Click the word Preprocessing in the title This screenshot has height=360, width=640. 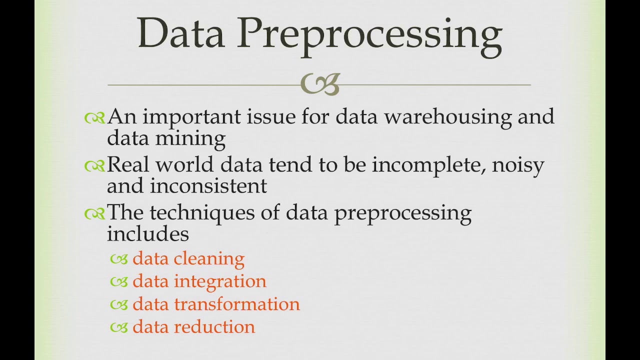click(369, 33)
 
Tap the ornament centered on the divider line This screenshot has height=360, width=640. click(320, 84)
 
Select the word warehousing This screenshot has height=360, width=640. click(447, 117)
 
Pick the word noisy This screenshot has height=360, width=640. click(518, 165)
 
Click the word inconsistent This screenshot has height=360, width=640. click(208, 186)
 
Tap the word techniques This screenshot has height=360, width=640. click(202, 213)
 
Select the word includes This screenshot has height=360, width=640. click(147, 234)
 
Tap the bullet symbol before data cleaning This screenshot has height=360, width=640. click(119, 259)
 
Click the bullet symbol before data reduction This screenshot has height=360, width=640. click(119, 327)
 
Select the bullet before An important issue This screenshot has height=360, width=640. click(94, 117)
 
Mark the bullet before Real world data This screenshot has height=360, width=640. click(94, 165)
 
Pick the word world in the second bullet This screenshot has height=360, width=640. click(184, 165)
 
